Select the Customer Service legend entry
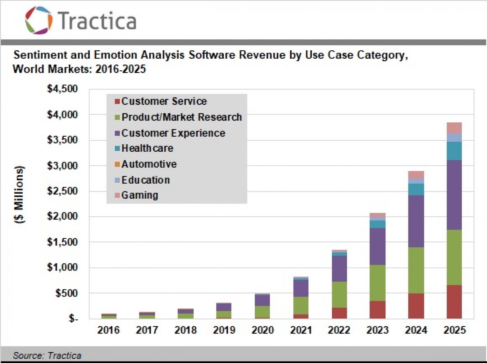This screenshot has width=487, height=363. click(161, 101)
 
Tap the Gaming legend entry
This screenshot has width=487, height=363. click(136, 195)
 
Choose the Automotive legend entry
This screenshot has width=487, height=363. click(146, 164)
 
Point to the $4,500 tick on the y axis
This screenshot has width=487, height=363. click(62, 89)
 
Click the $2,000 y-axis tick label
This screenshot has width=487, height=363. click(62, 216)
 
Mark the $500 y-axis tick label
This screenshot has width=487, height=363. click(66, 293)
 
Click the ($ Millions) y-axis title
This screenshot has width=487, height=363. click(19, 195)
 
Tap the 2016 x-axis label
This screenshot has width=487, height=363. click(108, 330)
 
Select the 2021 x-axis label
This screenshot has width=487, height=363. click(301, 330)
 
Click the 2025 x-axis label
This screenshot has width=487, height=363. click(454, 330)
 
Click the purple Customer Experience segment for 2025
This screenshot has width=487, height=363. click(454, 195)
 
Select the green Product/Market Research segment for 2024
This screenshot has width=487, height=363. click(416, 270)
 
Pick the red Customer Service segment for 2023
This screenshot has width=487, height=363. click(377, 310)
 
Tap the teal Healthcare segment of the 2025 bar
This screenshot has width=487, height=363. click(454, 151)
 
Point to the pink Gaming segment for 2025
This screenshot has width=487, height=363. click(454, 128)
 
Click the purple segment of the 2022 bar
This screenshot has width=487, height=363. click(339, 269)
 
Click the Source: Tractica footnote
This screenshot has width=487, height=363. click(47, 356)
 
